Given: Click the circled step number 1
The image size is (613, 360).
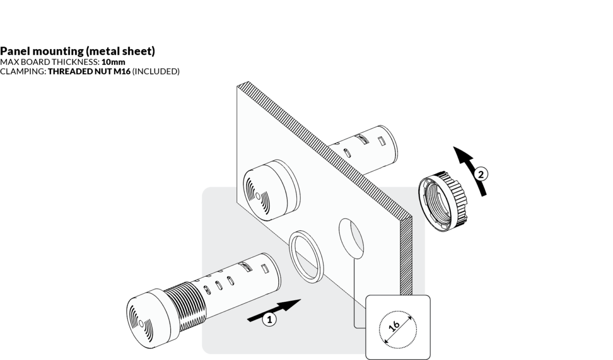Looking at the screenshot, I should tap(269, 320).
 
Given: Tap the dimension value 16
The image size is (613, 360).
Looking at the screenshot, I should tap(394, 327).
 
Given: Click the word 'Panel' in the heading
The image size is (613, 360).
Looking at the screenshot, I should tap(15, 51).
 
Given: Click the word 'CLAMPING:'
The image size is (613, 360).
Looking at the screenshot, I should tap(23, 71).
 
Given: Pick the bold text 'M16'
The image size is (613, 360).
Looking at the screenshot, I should tap(121, 71).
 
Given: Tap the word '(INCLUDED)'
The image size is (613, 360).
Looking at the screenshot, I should tap(156, 71).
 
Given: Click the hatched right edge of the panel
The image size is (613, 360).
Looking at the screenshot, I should tap(406, 255).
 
